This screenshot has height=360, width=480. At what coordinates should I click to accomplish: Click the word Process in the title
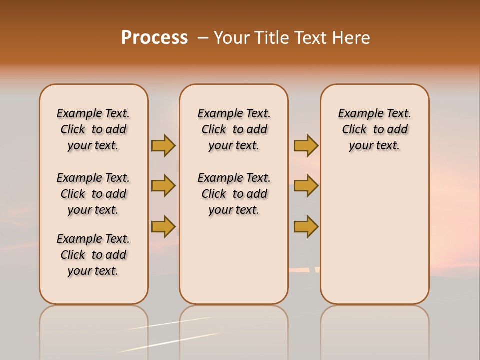[x=154, y=38]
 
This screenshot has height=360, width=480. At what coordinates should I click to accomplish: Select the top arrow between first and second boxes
[x=163, y=145]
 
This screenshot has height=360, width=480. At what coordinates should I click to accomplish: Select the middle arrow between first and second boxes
[x=163, y=186]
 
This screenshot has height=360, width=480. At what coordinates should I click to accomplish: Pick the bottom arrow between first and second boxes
[x=163, y=226]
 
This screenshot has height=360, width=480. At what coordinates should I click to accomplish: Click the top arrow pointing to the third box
[x=306, y=145]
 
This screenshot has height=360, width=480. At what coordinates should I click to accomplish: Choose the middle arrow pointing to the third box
[x=306, y=186]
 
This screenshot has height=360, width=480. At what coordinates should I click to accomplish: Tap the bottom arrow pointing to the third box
[x=306, y=226]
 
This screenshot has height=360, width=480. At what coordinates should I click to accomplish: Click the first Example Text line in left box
[x=93, y=114]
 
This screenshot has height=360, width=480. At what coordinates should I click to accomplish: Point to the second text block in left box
[x=93, y=194]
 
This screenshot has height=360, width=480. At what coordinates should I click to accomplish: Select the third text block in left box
[x=93, y=255]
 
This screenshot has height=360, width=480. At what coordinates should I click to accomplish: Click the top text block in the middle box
[x=234, y=129]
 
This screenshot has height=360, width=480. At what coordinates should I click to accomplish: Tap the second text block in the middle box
[x=234, y=194]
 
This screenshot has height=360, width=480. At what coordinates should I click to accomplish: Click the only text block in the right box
[x=374, y=129]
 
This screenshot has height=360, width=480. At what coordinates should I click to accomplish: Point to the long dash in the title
[x=202, y=38]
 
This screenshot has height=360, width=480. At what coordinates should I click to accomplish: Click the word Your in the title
[x=232, y=38]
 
